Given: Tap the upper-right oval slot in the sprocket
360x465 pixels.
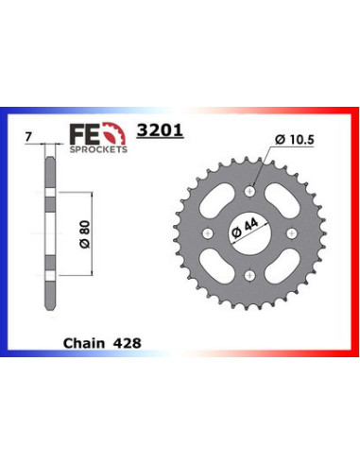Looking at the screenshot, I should point(281,203).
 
